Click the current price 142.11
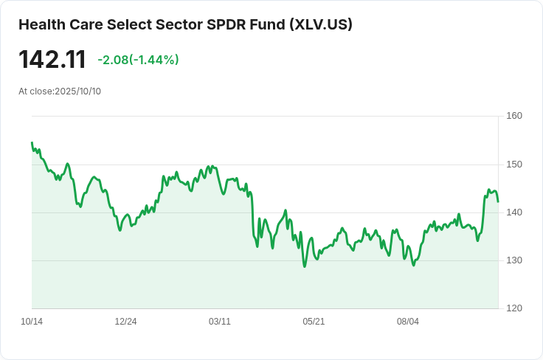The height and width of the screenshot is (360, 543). pos(52,60)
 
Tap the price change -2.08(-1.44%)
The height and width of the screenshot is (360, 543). pos(138,60)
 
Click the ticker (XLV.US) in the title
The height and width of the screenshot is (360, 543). pos(321,24)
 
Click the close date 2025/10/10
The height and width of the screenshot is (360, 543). pos(78,91)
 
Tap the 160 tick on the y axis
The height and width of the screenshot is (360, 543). pos(514,116)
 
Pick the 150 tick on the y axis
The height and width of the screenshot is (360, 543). pos(514,165)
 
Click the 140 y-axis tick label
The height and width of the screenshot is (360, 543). pos(514,212)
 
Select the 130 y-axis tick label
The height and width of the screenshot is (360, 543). pos(514,260)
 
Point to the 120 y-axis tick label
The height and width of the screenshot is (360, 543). pos(514,308)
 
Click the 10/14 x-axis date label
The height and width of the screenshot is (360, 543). pos(32,322)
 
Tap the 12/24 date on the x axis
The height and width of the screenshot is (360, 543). pos(125,322)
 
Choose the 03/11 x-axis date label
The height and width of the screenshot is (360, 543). pos(220,322)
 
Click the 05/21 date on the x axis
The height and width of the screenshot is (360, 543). pos(314,322)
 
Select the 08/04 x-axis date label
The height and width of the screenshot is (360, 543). pos(407,322)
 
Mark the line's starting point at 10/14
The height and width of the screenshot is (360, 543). pos(32,142)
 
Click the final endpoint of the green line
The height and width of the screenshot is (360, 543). pos(498,202)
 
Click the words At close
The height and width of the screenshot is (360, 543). pos(36,91)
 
